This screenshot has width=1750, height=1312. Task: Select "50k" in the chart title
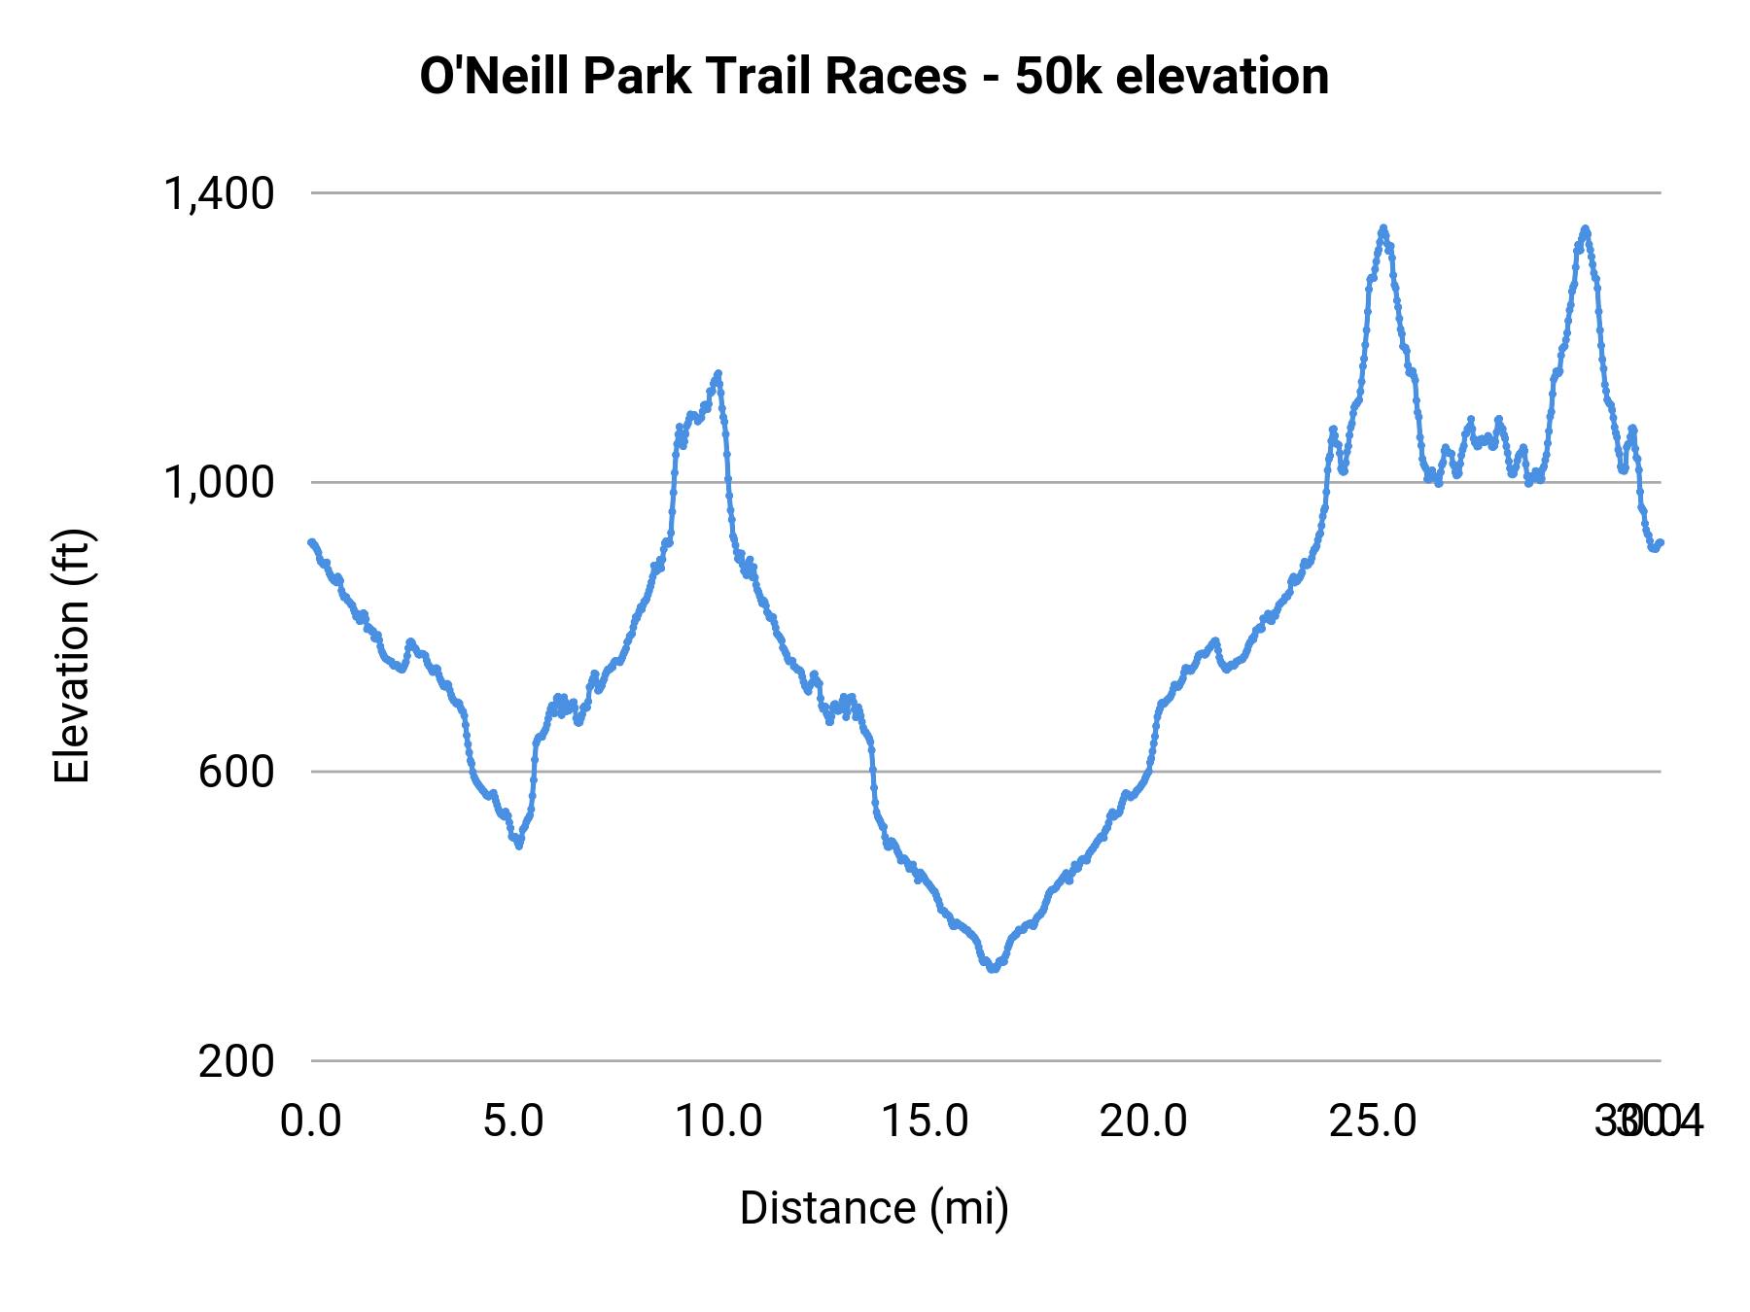(1058, 76)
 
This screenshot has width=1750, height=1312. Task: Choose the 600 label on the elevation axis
(236, 772)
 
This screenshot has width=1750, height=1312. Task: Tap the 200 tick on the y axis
(236, 1060)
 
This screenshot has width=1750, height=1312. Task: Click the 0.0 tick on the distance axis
(311, 1121)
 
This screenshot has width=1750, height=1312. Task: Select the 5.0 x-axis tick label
(514, 1121)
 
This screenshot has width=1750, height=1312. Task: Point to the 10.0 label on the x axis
(718, 1121)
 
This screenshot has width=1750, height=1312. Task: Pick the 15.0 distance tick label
(925, 1121)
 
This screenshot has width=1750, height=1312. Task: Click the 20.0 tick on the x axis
(1143, 1121)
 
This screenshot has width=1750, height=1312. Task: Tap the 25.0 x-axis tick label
(1374, 1121)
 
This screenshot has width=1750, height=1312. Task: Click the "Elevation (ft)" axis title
(72, 656)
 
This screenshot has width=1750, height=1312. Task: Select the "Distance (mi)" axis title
(874, 1208)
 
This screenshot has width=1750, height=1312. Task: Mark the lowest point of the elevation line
(993, 968)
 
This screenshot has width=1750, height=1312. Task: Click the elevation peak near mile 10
(718, 373)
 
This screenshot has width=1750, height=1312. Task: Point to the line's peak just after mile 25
(1382, 228)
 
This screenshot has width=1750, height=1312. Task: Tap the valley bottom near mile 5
(519, 846)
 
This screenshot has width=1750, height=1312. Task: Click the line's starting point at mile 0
(311, 542)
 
